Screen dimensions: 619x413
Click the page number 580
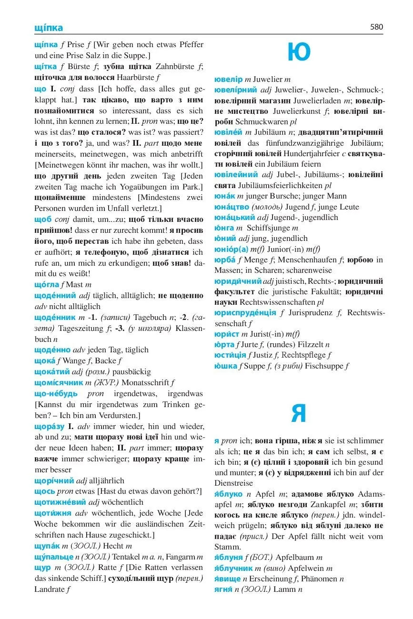coord(376,27)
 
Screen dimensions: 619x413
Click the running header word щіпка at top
coord(49,28)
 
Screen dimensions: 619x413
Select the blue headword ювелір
coord(229,79)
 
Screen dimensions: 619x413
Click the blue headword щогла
coord(47,284)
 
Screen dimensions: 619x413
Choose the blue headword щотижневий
coord(60,502)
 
